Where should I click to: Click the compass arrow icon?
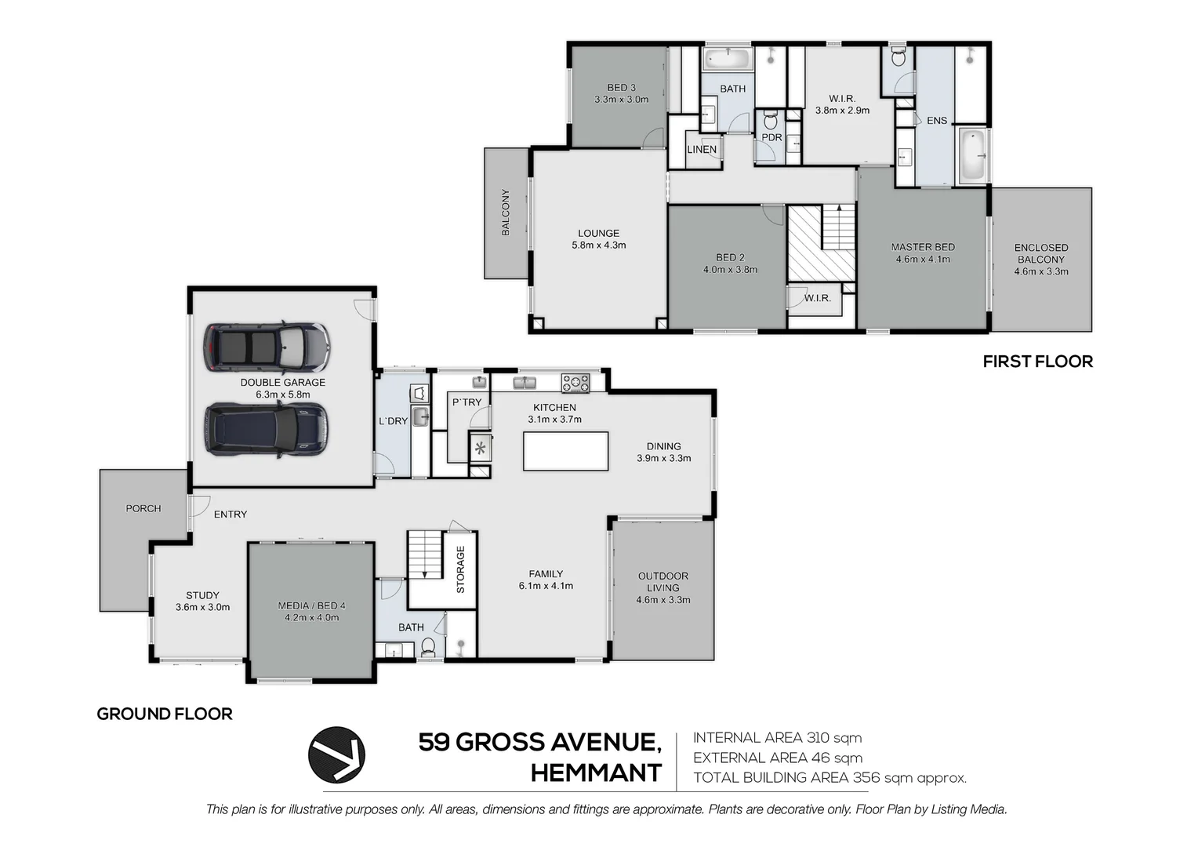(336, 754)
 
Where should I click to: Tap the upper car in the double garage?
(267, 347)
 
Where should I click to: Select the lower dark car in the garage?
(265, 429)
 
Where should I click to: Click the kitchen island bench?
(565, 451)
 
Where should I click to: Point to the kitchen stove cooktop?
(575, 383)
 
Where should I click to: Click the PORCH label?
(143, 508)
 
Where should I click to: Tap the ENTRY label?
(230, 514)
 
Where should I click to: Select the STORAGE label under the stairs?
(461, 569)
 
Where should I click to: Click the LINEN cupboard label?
(702, 149)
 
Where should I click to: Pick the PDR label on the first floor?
(771, 137)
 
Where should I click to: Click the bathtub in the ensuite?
(972, 155)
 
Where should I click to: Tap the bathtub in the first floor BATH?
(727, 58)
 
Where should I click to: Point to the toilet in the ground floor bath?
(428, 648)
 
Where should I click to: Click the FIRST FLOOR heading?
(1037, 362)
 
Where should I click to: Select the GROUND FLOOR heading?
(165, 714)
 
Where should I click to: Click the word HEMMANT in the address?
(596, 773)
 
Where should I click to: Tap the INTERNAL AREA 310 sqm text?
(777, 738)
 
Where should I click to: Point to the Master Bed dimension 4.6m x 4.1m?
(923, 260)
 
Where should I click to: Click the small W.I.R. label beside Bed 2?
(817, 298)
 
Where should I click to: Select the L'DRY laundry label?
(393, 421)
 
